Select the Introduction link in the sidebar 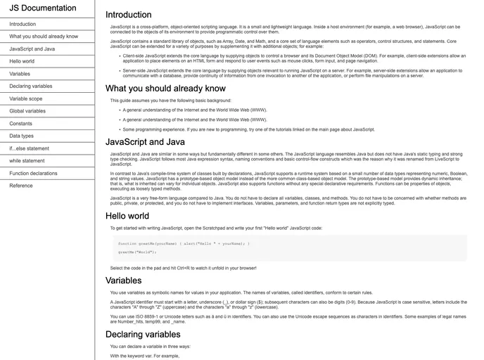23,24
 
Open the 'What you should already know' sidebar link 44,37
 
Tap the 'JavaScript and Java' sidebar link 32,49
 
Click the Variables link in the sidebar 20,74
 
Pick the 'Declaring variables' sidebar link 31,86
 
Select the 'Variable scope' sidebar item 26,99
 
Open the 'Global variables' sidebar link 27,111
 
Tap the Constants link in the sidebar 21,124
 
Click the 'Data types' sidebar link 21,136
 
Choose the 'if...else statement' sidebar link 30,148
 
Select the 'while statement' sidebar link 27,161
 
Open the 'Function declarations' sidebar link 34,173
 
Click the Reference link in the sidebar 21,186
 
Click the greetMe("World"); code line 137,252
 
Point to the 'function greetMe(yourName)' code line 184,243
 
